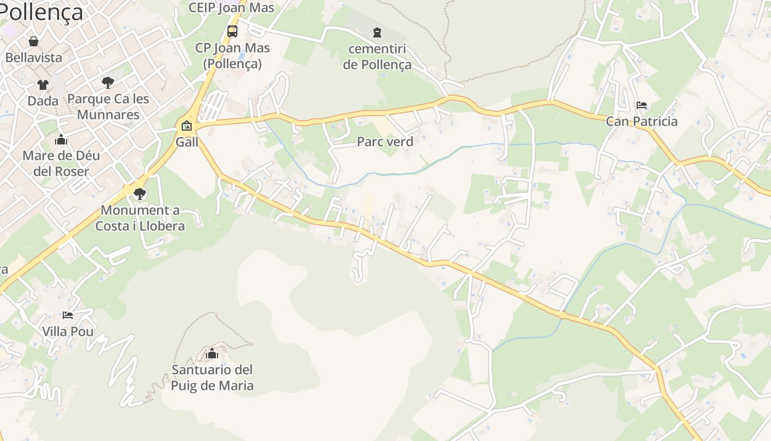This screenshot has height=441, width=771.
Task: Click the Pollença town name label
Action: click(x=41, y=12)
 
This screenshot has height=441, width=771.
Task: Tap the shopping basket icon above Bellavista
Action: click(x=34, y=41)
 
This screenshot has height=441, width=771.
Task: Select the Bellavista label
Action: click(x=34, y=57)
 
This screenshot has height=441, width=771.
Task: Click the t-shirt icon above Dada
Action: click(x=43, y=85)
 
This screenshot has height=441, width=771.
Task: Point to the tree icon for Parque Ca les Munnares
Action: click(x=108, y=83)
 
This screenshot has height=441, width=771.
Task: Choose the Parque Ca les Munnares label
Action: click(x=108, y=107)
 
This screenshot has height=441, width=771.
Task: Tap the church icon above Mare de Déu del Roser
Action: click(x=61, y=139)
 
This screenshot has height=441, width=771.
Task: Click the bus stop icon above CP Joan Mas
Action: click(x=232, y=31)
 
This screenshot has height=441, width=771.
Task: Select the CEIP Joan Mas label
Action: click(x=231, y=8)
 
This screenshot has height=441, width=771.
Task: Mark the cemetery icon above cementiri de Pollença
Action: click(x=377, y=32)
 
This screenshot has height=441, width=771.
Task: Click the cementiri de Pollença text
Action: click(x=377, y=57)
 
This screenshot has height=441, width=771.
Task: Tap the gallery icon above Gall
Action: click(x=187, y=126)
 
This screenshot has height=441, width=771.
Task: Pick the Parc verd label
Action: click(x=385, y=142)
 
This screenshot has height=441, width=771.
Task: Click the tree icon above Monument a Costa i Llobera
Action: click(x=140, y=193)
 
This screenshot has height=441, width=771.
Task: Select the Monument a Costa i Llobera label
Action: click(x=140, y=218)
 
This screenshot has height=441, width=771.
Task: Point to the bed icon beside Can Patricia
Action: click(x=642, y=105)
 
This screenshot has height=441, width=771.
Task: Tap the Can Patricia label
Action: click(x=642, y=121)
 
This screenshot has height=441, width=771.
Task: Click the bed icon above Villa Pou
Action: click(x=68, y=315)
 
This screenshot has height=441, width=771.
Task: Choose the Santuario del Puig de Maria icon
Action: click(x=212, y=353)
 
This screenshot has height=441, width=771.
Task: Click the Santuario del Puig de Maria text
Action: click(x=212, y=378)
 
